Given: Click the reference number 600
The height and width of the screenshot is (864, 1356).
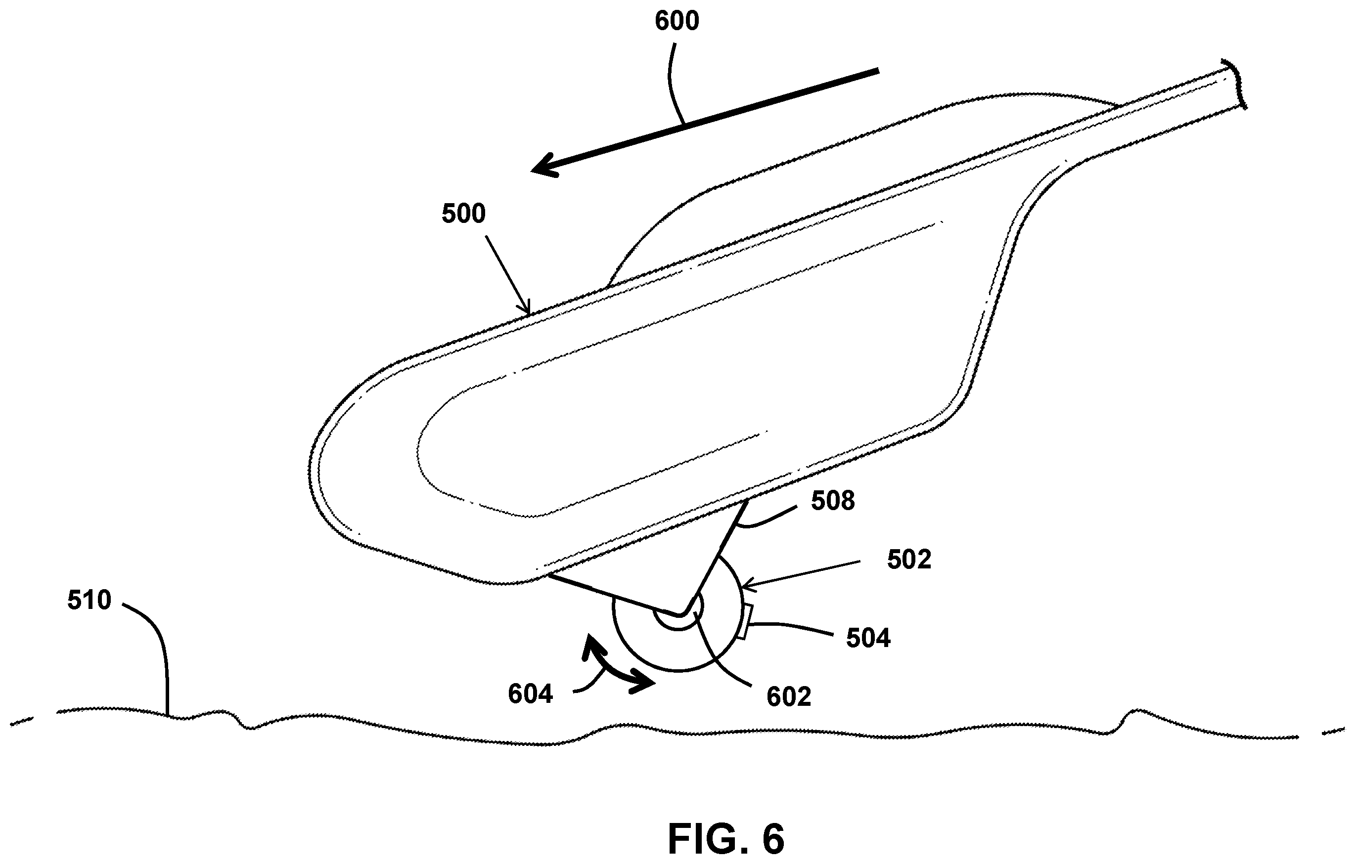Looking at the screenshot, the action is pos(677,21).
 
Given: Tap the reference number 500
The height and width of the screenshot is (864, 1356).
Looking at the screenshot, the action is pos(463,214).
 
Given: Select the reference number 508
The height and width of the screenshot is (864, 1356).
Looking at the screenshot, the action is pos(833,500).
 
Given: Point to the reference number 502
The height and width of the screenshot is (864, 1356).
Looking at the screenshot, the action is pos(909,560).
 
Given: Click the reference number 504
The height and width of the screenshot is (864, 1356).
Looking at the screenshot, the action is pos(868,638).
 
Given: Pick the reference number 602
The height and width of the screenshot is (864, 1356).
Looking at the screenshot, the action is pos(788,697).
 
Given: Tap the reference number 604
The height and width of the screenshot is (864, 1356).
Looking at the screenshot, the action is pos(531,694).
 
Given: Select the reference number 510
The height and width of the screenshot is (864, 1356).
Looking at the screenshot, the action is pos(89,601).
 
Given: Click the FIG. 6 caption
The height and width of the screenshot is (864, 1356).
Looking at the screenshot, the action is pos(726,839).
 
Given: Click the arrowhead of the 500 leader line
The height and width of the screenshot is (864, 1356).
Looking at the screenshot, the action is pos(527,308).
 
